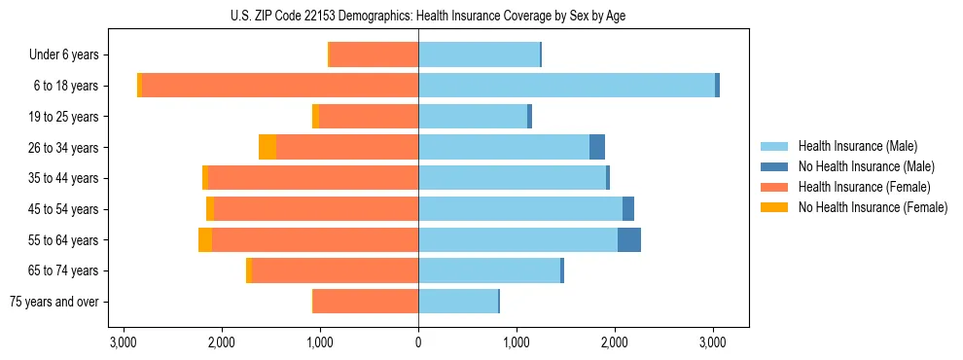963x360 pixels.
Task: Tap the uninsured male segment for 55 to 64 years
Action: pos(629,240)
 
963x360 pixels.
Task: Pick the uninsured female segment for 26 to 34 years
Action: pos(267,147)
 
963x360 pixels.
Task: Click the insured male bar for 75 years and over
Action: pos(458,302)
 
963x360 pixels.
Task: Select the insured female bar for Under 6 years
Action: pos(374,54)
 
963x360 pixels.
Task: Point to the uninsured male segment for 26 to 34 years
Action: pos(597,147)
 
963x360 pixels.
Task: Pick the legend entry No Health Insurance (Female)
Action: pos(873,207)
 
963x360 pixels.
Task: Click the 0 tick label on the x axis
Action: pos(418,342)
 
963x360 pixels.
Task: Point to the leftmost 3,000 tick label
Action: pos(124,342)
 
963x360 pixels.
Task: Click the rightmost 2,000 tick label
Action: pos(614,342)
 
